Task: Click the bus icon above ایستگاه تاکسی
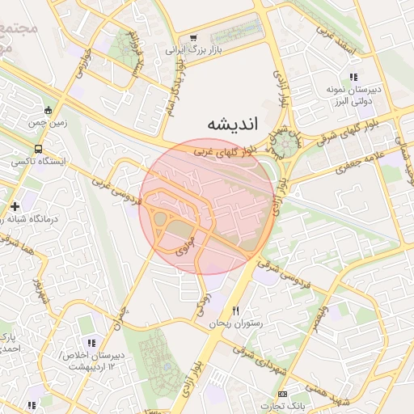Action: coord(39,150)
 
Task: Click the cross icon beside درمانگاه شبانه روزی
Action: coord(15,207)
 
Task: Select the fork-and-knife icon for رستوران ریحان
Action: coord(235,310)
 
